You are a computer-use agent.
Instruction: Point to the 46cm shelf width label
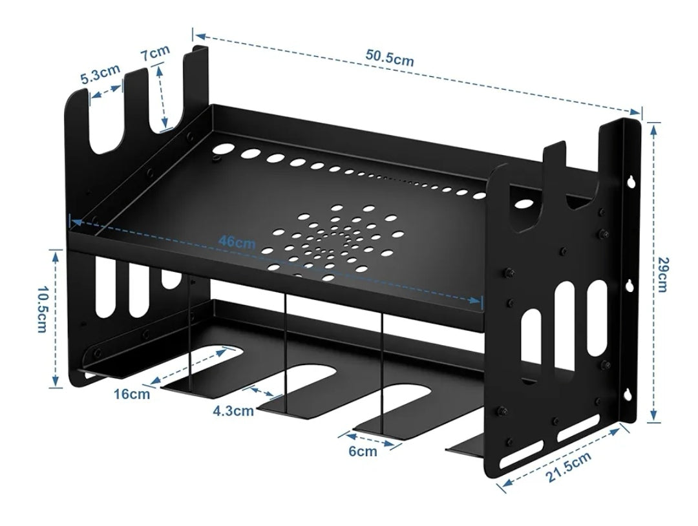[236, 244]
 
